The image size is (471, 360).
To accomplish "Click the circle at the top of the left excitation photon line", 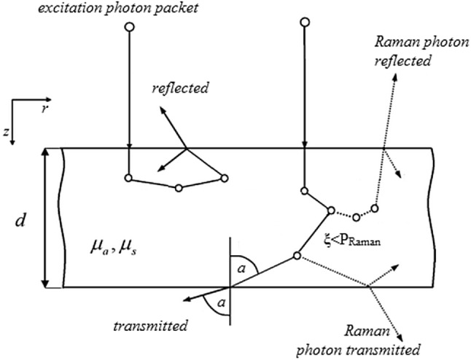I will tap(129, 28).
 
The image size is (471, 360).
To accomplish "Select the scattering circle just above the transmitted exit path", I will tap(297, 256).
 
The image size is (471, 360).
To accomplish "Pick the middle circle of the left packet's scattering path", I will tap(179, 187).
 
